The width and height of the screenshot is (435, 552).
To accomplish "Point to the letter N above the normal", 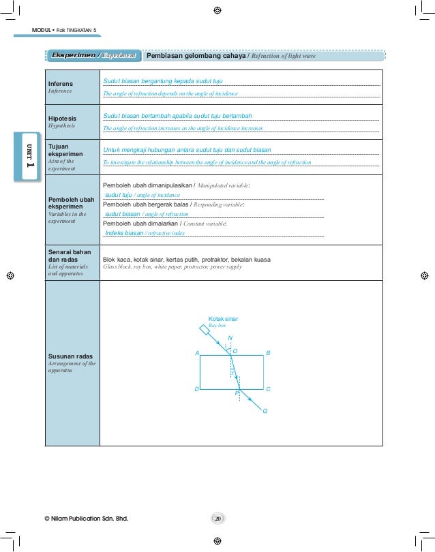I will [230, 338].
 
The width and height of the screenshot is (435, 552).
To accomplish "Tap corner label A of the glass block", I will [196, 353].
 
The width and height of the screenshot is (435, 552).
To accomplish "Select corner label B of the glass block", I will [268, 353].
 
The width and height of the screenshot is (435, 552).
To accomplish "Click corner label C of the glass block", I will [268, 389].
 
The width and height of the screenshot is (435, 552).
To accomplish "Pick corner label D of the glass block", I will [196, 389].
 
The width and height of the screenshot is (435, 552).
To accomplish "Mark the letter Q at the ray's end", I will [265, 411].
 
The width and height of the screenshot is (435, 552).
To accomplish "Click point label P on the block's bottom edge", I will [237, 394].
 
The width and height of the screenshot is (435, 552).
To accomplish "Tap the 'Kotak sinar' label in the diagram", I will [223, 319].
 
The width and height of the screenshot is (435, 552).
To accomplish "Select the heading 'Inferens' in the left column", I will [61, 84].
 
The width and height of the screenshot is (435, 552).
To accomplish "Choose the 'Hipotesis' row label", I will [63, 119].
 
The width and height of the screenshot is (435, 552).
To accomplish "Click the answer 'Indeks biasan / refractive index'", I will [145, 232].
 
